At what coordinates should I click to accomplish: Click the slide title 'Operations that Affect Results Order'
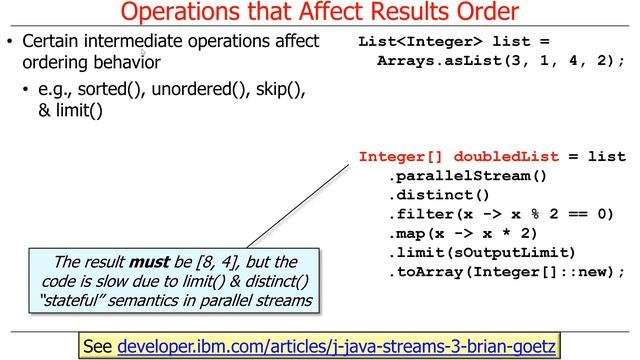pyautogui.click(x=320, y=13)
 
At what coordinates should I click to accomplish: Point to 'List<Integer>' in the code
pyautogui.click(x=411, y=42)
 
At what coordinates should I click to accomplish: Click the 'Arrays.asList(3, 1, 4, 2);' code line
pyautogui.click(x=501, y=61)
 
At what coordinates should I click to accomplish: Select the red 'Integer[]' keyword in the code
pyautogui.click(x=402, y=156)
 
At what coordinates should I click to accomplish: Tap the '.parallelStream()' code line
pyautogui.click(x=468, y=176)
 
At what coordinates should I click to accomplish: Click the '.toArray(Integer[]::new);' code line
pyautogui.click(x=506, y=271)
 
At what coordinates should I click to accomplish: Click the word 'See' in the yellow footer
pyautogui.click(x=98, y=346)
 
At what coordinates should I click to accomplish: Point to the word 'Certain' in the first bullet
pyautogui.click(x=52, y=42)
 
